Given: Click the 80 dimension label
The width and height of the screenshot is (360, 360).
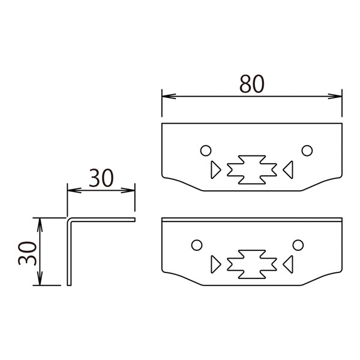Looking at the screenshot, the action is (x=252, y=84).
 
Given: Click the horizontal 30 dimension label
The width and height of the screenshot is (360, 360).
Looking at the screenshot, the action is (x=101, y=178).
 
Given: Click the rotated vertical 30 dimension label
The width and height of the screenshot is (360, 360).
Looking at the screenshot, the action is (x=28, y=253).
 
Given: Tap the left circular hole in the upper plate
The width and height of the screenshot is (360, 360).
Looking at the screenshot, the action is (x=206, y=151).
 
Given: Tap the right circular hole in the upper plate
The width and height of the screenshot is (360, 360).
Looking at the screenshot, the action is (x=307, y=151).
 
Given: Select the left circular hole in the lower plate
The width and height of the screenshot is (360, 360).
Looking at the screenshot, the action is (x=197, y=245).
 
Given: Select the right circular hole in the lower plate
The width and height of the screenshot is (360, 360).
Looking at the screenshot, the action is (x=298, y=245).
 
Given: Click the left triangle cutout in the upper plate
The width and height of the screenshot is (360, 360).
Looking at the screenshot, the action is (x=215, y=170).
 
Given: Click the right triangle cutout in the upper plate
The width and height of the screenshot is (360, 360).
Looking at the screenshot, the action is (x=289, y=170).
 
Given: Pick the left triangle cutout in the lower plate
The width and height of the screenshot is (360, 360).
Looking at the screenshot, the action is (x=215, y=264).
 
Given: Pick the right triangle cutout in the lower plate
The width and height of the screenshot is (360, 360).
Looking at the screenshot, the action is (x=289, y=264).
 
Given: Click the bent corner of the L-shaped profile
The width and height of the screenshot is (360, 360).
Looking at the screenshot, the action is (x=70, y=220).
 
